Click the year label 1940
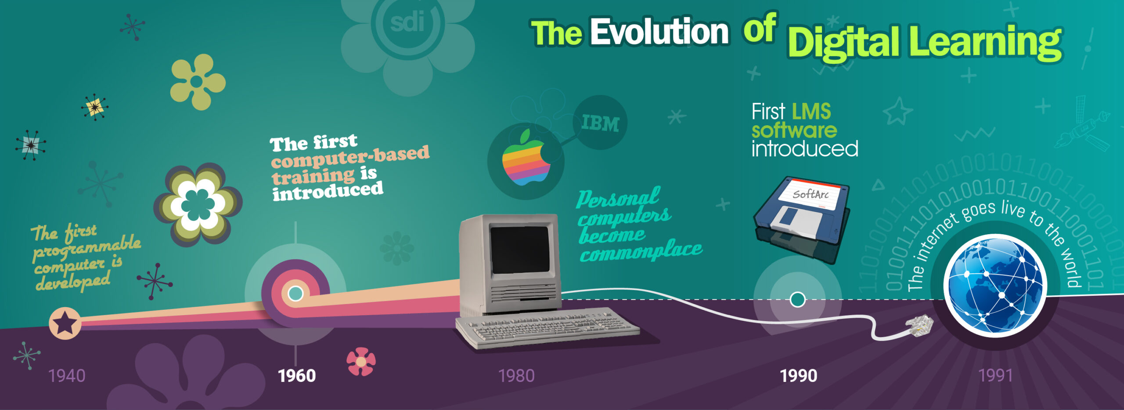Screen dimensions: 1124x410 [67, 376]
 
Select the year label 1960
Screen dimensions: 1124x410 [297, 376]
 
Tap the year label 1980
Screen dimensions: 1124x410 [516, 376]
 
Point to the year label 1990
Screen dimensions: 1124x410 [799, 376]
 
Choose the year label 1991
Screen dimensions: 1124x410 [995, 376]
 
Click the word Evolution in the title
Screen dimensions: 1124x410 [659, 32]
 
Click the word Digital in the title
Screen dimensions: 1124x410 [843, 42]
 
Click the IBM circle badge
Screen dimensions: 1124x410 [600, 123]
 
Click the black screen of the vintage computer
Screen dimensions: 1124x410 [520, 250]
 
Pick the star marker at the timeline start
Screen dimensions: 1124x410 [65, 323]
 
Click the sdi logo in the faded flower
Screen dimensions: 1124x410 [407, 22]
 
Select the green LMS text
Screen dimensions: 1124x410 [811, 112]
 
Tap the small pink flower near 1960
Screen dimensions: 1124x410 [361, 362]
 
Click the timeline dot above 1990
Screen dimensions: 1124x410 [797, 300]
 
